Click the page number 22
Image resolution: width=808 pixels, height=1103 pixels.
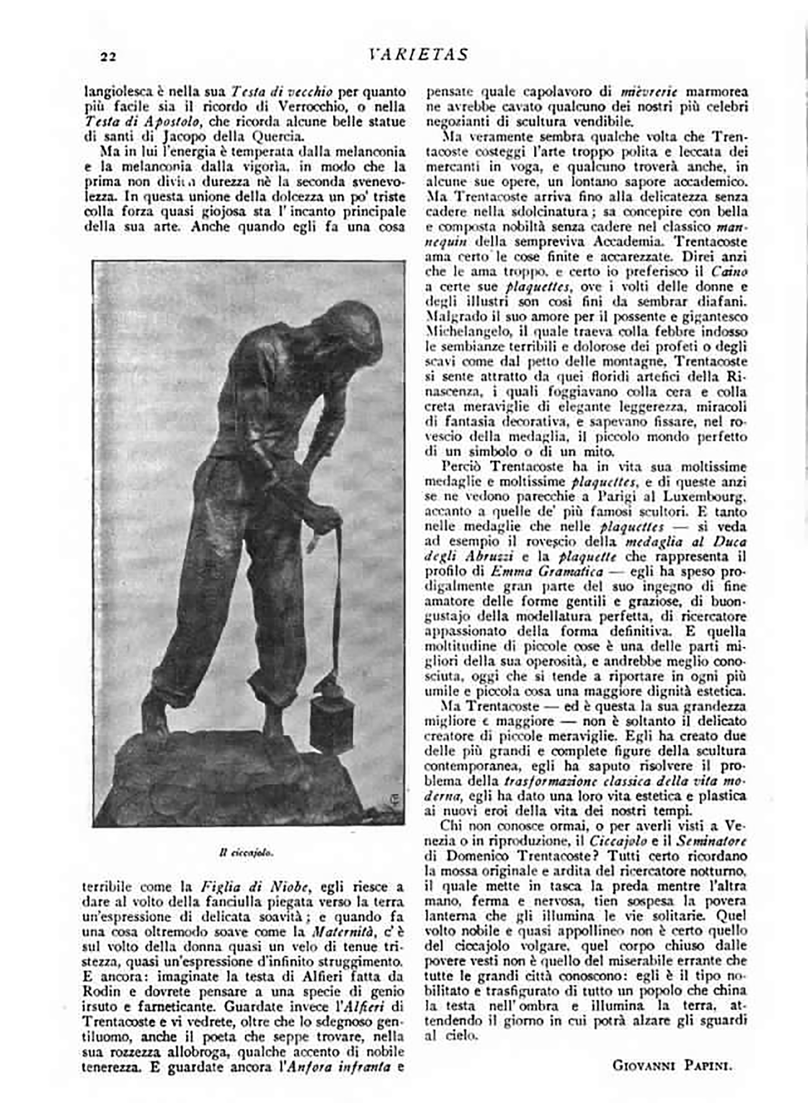point(108,57)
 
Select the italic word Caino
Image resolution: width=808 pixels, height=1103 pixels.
point(729,272)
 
